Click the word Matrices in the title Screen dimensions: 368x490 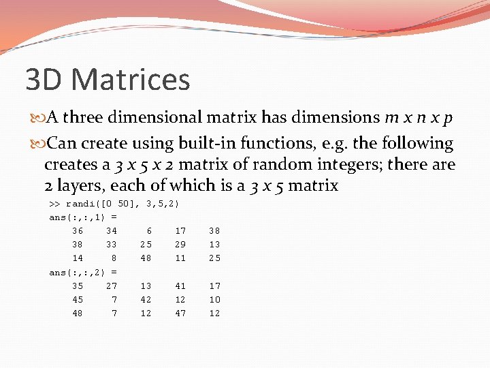tap(130, 80)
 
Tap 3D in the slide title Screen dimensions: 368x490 tap(46, 80)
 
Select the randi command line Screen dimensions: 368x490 tap(114, 204)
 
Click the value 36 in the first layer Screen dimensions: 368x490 tap(78, 231)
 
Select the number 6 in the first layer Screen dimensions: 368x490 tap(148, 231)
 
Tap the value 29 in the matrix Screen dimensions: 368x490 tap(180, 245)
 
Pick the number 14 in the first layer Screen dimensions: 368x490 tap(78, 258)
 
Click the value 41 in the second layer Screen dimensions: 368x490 tap(180, 286)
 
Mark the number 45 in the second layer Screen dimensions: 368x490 tap(78, 300)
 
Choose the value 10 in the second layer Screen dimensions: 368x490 tap(214, 300)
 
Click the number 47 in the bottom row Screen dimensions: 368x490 tap(180, 313)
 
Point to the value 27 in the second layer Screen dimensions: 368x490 tap(112, 286)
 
